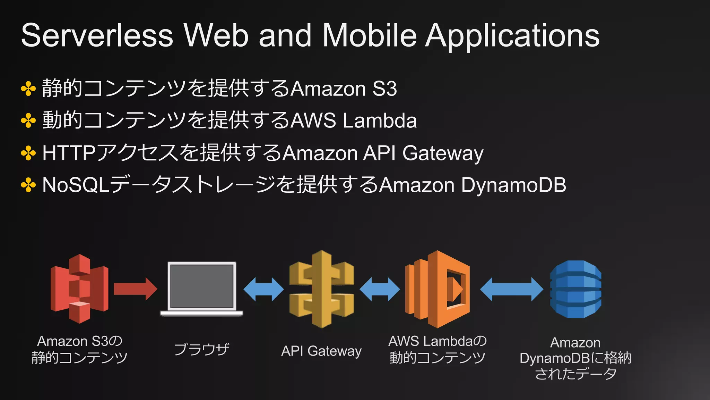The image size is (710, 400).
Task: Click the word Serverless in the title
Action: (x=97, y=35)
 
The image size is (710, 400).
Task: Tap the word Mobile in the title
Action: (x=370, y=35)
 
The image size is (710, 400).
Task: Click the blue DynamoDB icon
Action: (x=575, y=289)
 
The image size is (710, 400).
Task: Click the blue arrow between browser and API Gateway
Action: (x=263, y=289)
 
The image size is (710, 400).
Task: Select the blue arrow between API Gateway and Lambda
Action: (x=380, y=289)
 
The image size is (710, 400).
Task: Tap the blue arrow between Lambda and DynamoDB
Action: (x=512, y=289)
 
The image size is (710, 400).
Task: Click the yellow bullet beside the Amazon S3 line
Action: (x=28, y=89)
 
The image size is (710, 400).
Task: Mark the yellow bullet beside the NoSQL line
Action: (x=28, y=185)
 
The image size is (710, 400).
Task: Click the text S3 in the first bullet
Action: (x=384, y=89)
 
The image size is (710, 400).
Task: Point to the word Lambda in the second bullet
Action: (x=380, y=120)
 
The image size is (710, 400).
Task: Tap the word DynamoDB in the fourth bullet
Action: (x=513, y=185)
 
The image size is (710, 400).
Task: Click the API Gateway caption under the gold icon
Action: (x=321, y=351)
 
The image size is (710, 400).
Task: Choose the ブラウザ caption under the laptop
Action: (x=201, y=349)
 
